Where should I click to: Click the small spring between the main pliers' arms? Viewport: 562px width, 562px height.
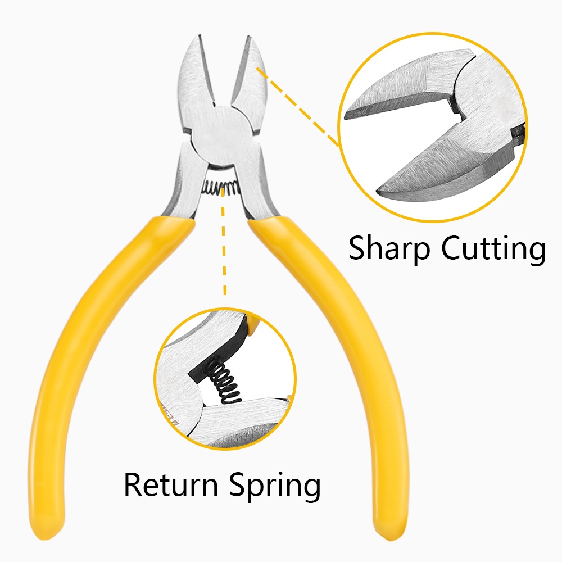[x=223, y=187]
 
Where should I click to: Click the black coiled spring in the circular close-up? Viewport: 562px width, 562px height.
[x=225, y=382]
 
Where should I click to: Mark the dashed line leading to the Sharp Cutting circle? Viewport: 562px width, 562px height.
[x=298, y=107]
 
